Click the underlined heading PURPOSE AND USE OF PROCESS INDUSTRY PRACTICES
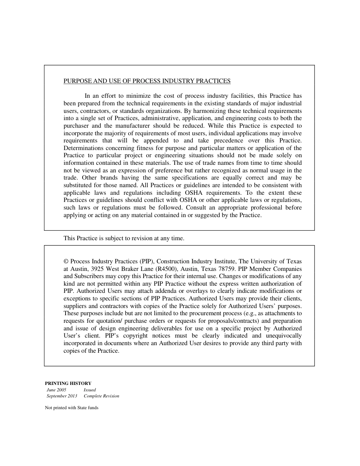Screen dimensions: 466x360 [147, 81]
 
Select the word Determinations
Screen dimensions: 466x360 [83, 148]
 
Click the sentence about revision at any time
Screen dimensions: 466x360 [124, 238]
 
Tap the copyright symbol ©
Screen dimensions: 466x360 [66, 261]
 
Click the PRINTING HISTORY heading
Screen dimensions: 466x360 [68, 383]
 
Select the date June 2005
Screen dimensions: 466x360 [56, 390]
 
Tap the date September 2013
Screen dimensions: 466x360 [62, 396]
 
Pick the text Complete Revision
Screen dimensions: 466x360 [102, 396]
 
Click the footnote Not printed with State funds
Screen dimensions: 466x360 [72, 408]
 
